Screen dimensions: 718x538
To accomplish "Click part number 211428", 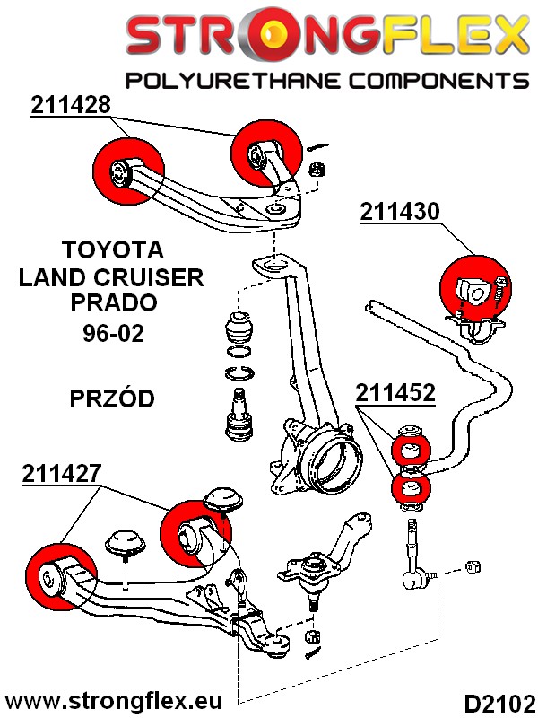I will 71,104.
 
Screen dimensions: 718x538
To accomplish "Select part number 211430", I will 400,212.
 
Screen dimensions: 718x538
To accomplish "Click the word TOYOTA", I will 112,249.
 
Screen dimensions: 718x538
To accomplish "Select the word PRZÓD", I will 112,398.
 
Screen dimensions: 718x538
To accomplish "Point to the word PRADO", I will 112,302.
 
